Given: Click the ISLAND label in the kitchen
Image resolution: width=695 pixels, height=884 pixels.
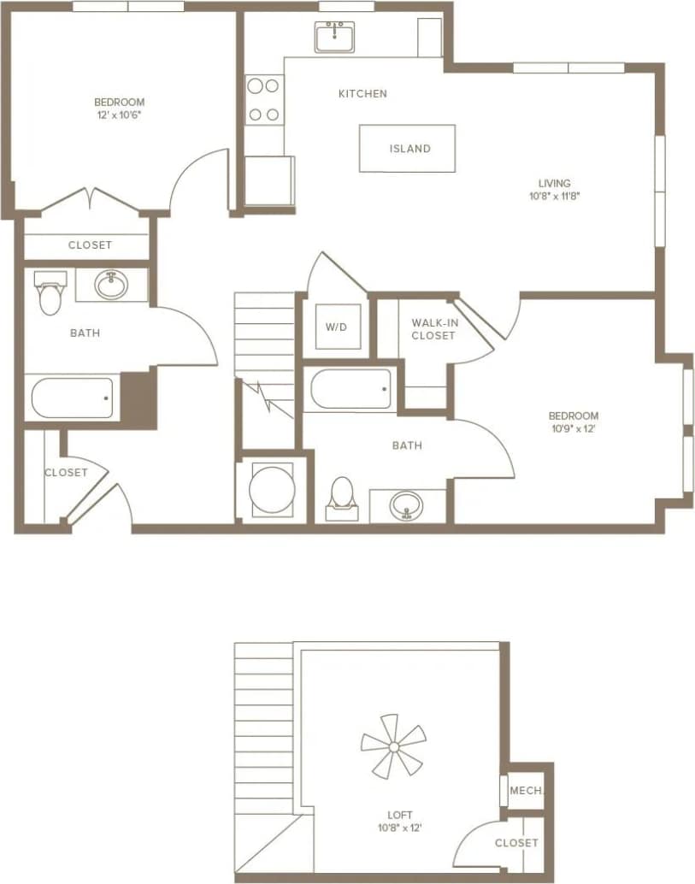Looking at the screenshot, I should [x=409, y=149].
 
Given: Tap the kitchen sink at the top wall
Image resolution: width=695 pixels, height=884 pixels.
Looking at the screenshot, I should [x=334, y=38].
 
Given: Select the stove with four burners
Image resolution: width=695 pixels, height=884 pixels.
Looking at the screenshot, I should [x=264, y=99].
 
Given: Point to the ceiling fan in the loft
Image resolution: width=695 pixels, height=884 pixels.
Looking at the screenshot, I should [x=393, y=748].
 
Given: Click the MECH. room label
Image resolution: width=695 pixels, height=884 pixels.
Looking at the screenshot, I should [x=526, y=791].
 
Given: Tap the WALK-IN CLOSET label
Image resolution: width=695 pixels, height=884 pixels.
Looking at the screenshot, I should [x=433, y=329].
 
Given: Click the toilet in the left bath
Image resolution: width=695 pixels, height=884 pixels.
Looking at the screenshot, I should [x=50, y=292].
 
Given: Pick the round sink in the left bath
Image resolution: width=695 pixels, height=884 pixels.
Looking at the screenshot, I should [x=111, y=284].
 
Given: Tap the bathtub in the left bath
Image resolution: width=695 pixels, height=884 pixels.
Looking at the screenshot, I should [x=73, y=398].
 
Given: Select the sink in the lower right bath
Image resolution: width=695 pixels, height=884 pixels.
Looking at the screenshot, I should [x=407, y=505].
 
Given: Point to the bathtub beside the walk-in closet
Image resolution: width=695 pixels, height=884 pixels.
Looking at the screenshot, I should [x=350, y=390].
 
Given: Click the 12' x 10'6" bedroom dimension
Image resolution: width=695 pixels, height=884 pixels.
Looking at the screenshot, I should [x=120, y=114].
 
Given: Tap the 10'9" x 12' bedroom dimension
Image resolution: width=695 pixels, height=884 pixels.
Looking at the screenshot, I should [x=573, y=429].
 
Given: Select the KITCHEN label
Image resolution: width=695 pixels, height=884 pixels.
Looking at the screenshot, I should [x=362, y=94].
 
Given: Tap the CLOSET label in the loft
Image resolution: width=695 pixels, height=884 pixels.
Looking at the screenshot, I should [x=516, y=843].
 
